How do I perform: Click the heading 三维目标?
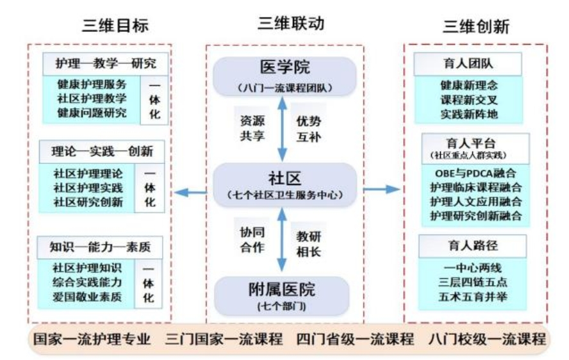click(115, 26)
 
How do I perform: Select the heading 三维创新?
click(476, 26)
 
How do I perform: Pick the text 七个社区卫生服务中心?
click(284, 194)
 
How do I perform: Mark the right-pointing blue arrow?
click(383, 189)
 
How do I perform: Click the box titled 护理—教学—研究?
click(106, 64)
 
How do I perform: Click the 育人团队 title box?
click(467, 64)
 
